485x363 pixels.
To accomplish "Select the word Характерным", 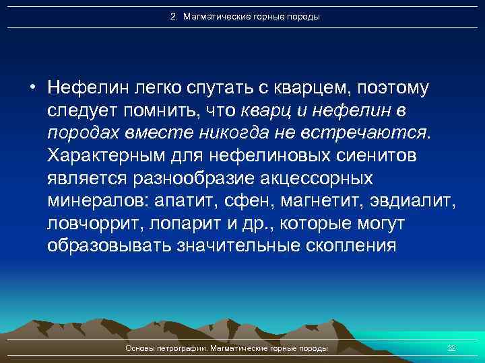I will (107, 155).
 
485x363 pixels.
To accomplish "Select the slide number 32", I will (452, 348).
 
